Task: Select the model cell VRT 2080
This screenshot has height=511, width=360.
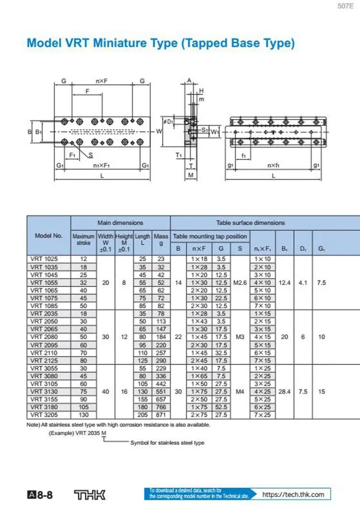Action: click(42, 337)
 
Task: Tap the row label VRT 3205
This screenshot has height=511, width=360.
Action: click(42, 414)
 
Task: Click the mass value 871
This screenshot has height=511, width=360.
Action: click(160, 414)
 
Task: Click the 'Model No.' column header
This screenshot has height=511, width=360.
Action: click(48, 236)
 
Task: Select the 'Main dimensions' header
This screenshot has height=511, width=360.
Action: click(120, 223)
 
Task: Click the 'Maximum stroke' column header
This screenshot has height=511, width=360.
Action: click(84, 240)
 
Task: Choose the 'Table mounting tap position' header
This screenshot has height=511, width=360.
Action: click(210, 236)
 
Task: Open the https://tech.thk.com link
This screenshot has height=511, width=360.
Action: click(293, 494)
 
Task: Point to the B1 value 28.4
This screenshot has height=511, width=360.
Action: click(285, 391)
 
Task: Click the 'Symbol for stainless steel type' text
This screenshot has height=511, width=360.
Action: click(167, 443)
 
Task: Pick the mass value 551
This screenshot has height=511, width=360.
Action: click(160, 391)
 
